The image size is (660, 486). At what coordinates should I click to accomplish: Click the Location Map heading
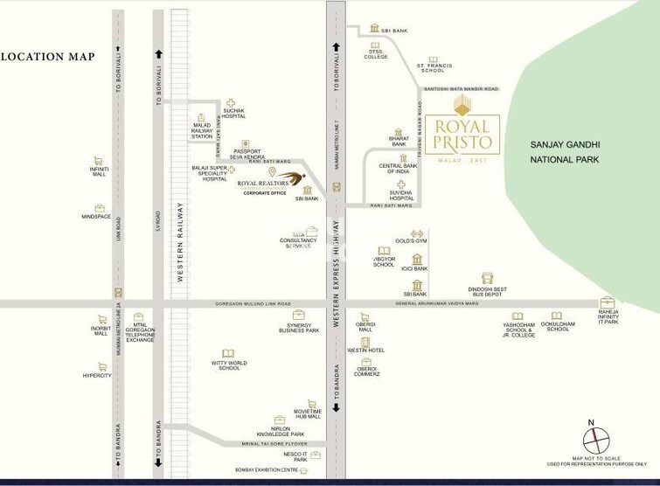coord(47,57)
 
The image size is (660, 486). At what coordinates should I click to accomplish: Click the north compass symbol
coord(592,434)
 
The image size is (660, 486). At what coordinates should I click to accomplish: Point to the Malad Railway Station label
coord(202,131)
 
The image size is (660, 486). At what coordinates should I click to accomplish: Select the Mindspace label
coord(96,216)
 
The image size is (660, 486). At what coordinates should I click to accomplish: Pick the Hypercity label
coord(97,375)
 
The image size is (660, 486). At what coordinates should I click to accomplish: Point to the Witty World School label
coord(229,365)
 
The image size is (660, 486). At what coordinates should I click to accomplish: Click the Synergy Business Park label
coord(299,328)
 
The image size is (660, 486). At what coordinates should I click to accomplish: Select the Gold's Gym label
coord(410,240)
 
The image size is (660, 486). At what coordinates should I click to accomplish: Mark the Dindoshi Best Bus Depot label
coord(487,292)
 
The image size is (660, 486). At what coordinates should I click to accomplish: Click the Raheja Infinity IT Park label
coord(608,316)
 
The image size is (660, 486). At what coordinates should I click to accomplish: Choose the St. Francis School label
coord(432,67)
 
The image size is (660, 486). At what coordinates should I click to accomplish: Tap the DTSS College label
coord(376,54)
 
